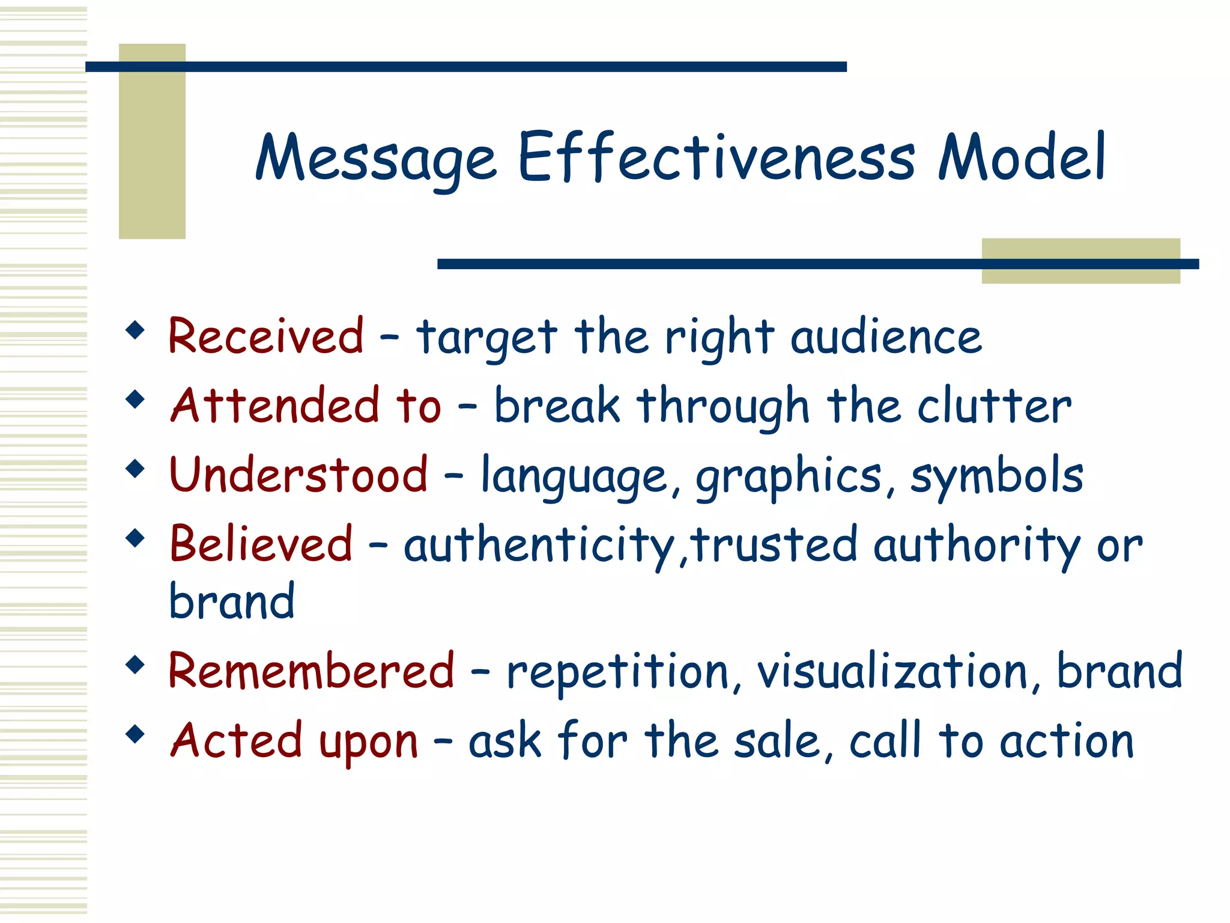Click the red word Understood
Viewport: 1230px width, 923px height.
click(x=298, y=475)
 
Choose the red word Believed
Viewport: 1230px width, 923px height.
click(x=261, y=544)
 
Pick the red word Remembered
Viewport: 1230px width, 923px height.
click(x=311, y=671)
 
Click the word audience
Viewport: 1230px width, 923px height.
click(x=886, y=337)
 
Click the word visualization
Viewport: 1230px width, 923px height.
click(x=892, y=671)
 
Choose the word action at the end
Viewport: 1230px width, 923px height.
click(x=1067, y=740)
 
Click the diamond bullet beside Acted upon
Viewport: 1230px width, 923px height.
click(x=136, y=734)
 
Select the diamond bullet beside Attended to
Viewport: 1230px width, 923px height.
click(x=136, y=399)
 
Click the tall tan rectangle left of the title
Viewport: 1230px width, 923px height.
click(x=152, y=141)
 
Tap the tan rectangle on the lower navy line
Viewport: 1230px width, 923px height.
click(x=1080, y=261)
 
